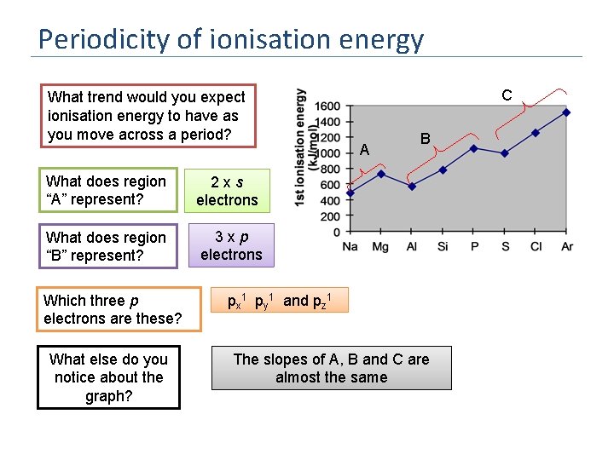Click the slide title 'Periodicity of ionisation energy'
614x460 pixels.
pyautogui.click(x=230, y=39)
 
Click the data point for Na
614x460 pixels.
pyautogui.click(x=350, y=193)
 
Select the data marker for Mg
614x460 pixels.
pyautogui.click(x=381, y=174)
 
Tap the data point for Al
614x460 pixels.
pyautogui.click(x=412, y=186)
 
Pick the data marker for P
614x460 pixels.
pyautogui.click(x=474, y=147)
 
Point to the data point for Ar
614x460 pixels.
pyautogui.click(x=566, y=112)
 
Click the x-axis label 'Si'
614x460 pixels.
pyautogui.click(x=443, y=247)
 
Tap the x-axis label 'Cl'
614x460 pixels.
pyautogui.click(x=536, y=247)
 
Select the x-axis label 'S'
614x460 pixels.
pyautogui.click(x=505, y=247)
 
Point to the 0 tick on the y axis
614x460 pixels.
pyautogui.click(x=336, y=232)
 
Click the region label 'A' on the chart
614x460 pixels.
pyautogui.click(x=364, y=150)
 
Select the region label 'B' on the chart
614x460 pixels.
pyautogui.click(x=425, y=138)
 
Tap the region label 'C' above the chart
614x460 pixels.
pyautogui.click(x=507, y=95)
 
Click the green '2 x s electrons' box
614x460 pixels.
pyautogui.click(x=227, y=191)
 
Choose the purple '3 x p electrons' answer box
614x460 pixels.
pyautogui.click(x=231, y=245)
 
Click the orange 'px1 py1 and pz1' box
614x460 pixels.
pyautogui.click(x=280, y=300)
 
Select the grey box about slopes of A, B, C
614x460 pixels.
pyautogui.click(x=331, y=368)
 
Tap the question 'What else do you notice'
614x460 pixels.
pyautogui.click(x=108, y=377)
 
